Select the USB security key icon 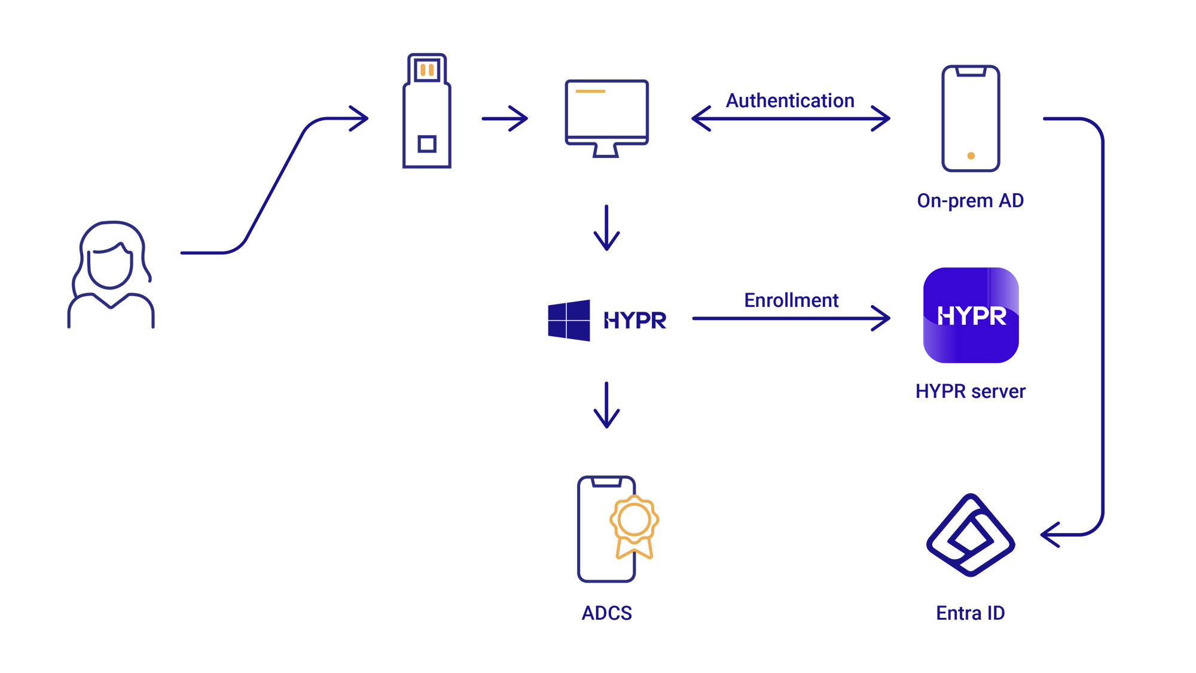(427, 111)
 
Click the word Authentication (790, 101)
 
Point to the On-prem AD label (970, 201)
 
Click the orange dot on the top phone (971, 156)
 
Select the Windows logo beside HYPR (569, 321)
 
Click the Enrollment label (791, 300)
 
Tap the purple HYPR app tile (971, 315)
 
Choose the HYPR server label (970, 391)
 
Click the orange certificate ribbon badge (634, 526)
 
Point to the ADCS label (606, 613)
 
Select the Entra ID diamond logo (970, 535)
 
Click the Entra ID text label (970, 613)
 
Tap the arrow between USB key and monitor (505, 118)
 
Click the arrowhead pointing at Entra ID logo (1049, 535)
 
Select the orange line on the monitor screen (590, 92)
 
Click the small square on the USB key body (427, 144)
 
